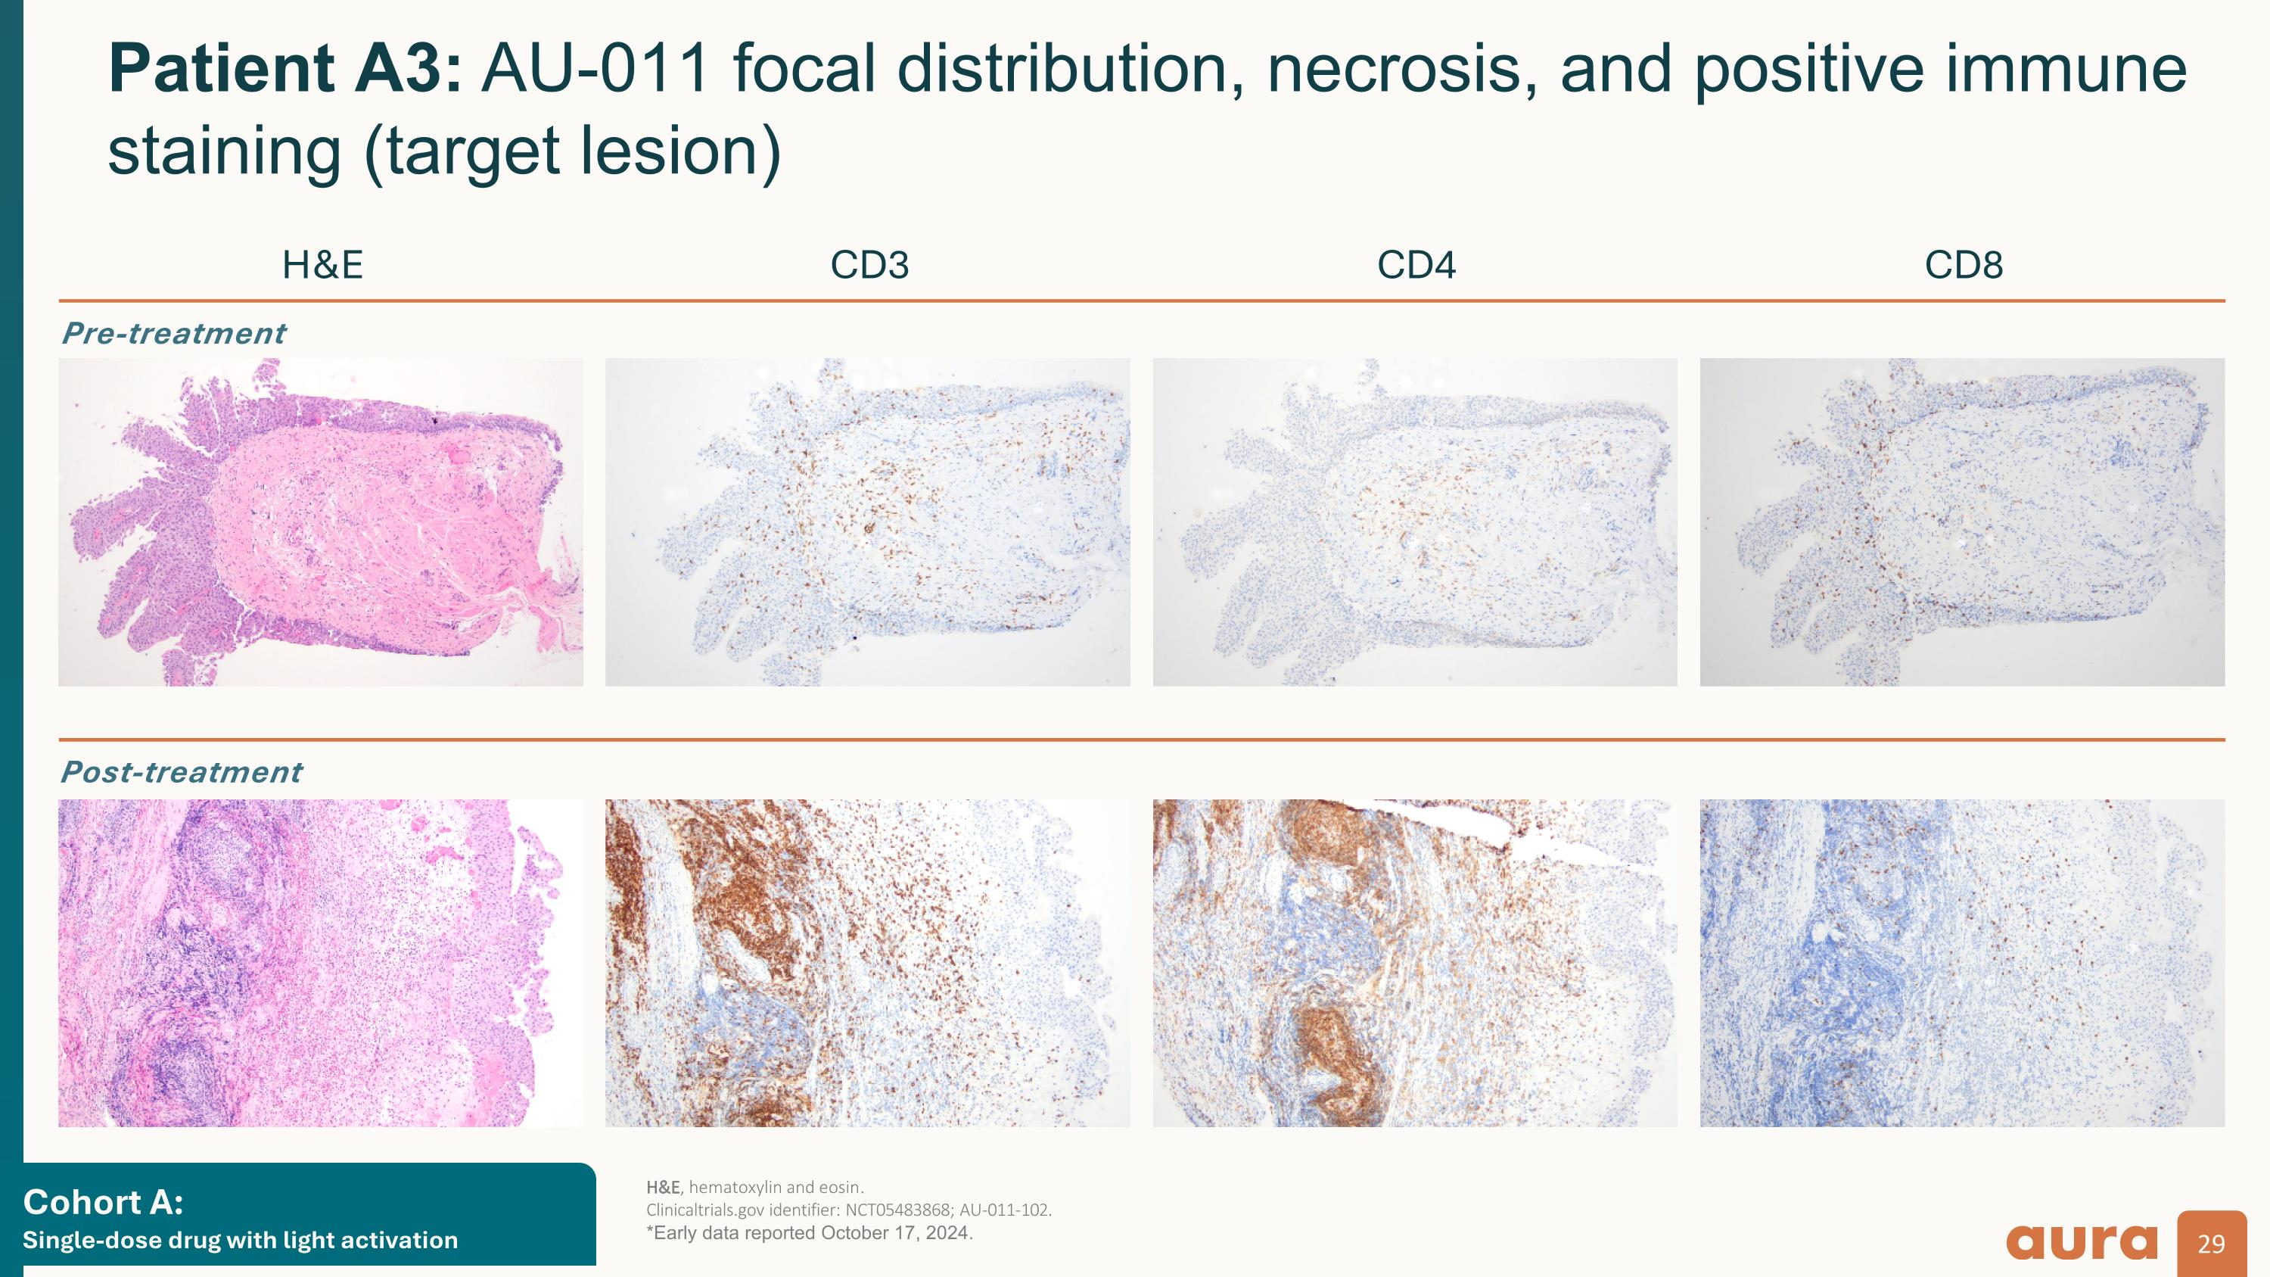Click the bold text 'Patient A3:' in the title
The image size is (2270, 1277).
(284, 70)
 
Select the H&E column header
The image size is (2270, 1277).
(322, 265)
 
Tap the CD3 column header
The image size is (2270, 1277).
(869, 265)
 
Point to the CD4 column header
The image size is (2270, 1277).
(1416, 265)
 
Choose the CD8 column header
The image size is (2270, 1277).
(1964, 265)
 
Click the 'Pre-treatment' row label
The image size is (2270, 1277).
(173, 333)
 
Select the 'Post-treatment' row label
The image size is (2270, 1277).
(181, 772)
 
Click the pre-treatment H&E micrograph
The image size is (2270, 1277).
(321, 522)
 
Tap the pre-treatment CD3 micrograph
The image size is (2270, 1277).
(867, 522)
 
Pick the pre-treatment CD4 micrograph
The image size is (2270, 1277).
(1414, 522)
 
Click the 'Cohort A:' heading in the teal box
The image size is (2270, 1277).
(103, 1202)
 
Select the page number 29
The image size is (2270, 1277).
(2211, 1244)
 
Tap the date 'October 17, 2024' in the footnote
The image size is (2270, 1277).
(894, 1233)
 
